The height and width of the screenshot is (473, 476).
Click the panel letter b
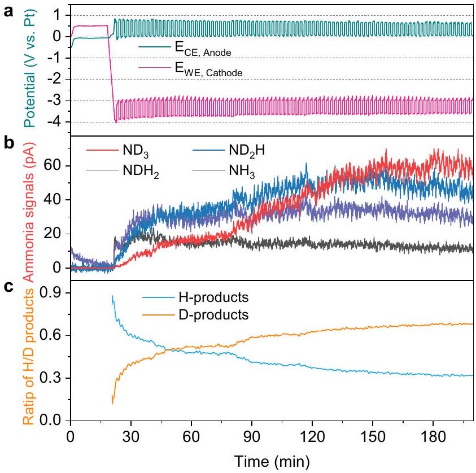pos(8,142)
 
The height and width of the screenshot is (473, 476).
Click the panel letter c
pos(7,286)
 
